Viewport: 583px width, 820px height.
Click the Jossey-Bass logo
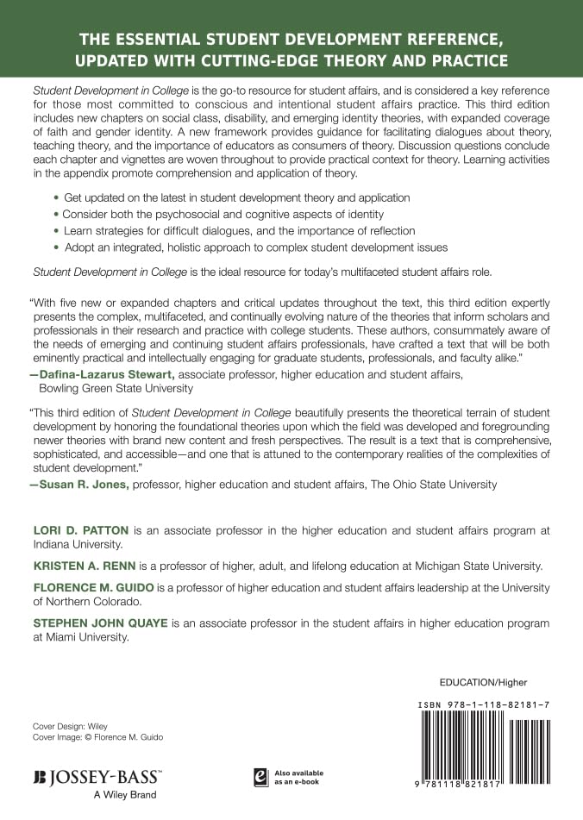97,777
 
